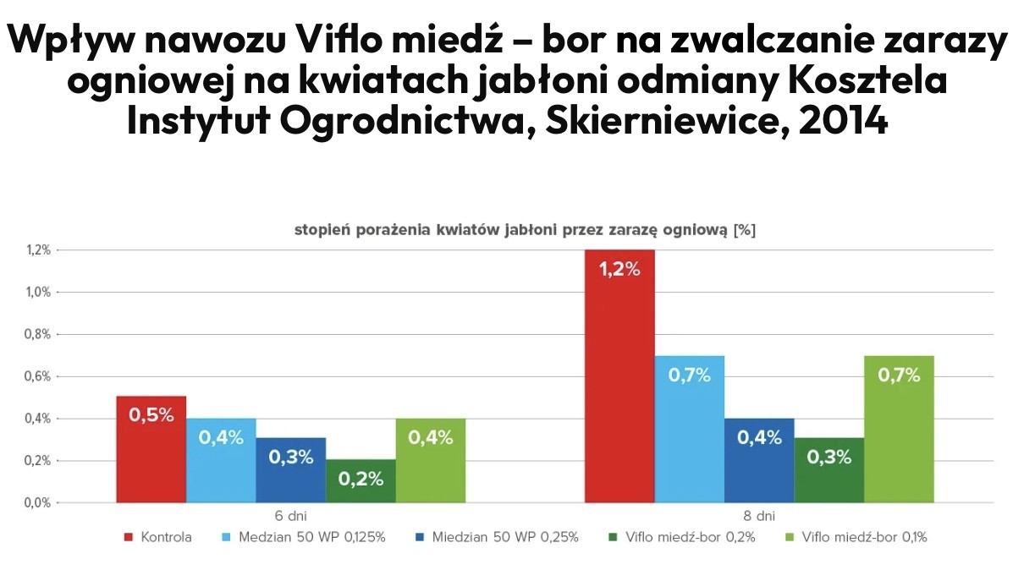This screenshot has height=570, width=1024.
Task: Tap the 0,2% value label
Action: click(361, 479)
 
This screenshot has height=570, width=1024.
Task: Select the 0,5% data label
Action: click(151, 415)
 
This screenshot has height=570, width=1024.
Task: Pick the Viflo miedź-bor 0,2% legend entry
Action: click(685, 537)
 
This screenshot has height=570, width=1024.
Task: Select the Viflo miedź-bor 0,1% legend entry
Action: click(863, 537)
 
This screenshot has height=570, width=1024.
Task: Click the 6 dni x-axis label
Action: click(290, 515)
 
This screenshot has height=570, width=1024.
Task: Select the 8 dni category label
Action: click(758, 515)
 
